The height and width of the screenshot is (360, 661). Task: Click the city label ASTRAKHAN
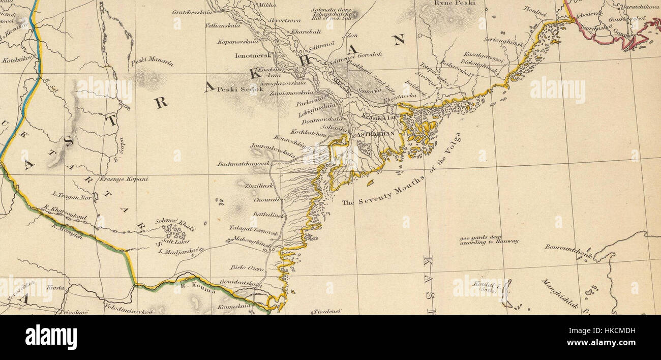[x=376, y=134]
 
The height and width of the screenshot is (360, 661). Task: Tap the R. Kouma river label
[x=198, y=291]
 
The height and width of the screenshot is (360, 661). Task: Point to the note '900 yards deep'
[x=481, y=237]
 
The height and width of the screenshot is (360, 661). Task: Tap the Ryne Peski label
[x=454, y=3]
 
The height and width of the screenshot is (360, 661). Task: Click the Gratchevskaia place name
[x=192, y=12]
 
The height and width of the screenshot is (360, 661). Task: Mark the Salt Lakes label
[x=176, y=241]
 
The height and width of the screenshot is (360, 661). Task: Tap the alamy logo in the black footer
[x=51, y=337]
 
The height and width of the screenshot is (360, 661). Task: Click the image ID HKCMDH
[x=610, y=331]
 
